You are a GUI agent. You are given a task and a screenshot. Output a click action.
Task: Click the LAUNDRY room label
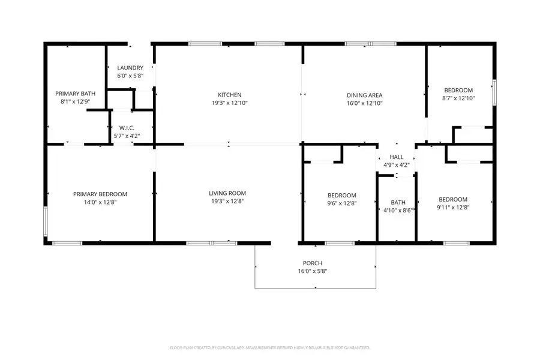point(129,68)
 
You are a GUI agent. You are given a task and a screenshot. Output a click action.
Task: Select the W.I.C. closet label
point(126,128)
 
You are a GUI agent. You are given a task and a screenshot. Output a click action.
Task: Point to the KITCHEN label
point(229,95)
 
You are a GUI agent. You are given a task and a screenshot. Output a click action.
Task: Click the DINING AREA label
point(364,95)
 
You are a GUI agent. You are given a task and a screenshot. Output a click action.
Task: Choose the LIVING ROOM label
point(227,193)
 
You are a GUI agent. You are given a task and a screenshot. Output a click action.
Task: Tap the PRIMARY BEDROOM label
point(100,194)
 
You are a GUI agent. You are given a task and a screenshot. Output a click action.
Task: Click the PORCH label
point(312,263)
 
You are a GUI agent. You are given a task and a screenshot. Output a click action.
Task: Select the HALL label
point(397,157)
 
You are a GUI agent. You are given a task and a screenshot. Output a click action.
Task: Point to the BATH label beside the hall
point(398,202)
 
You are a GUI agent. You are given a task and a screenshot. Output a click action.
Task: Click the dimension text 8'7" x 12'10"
point(458,98)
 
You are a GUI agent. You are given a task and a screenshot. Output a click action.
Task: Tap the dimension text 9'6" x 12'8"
point(341,203)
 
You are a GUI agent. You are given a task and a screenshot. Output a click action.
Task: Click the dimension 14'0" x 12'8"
point(100,202)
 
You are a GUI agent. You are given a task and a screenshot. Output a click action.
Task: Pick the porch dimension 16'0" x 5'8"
point(312,271)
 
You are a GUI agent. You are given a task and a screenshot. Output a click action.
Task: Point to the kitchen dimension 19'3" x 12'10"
point(229,103)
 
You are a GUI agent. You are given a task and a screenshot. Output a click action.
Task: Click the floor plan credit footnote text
point(270,347)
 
